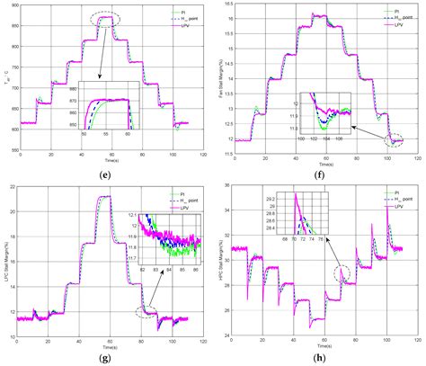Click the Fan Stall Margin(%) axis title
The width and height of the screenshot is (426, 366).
[219, 76]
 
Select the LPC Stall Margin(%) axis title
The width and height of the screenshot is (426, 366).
[8, 262]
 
